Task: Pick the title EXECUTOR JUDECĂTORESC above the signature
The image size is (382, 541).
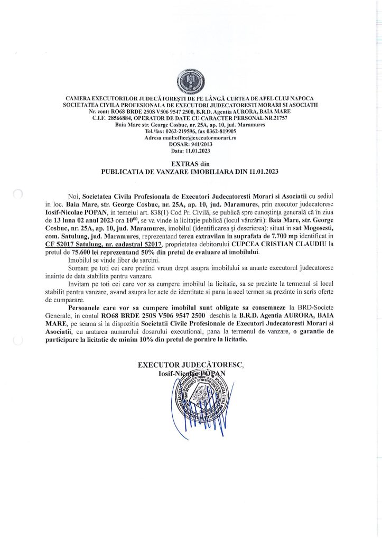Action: coord(191,365)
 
